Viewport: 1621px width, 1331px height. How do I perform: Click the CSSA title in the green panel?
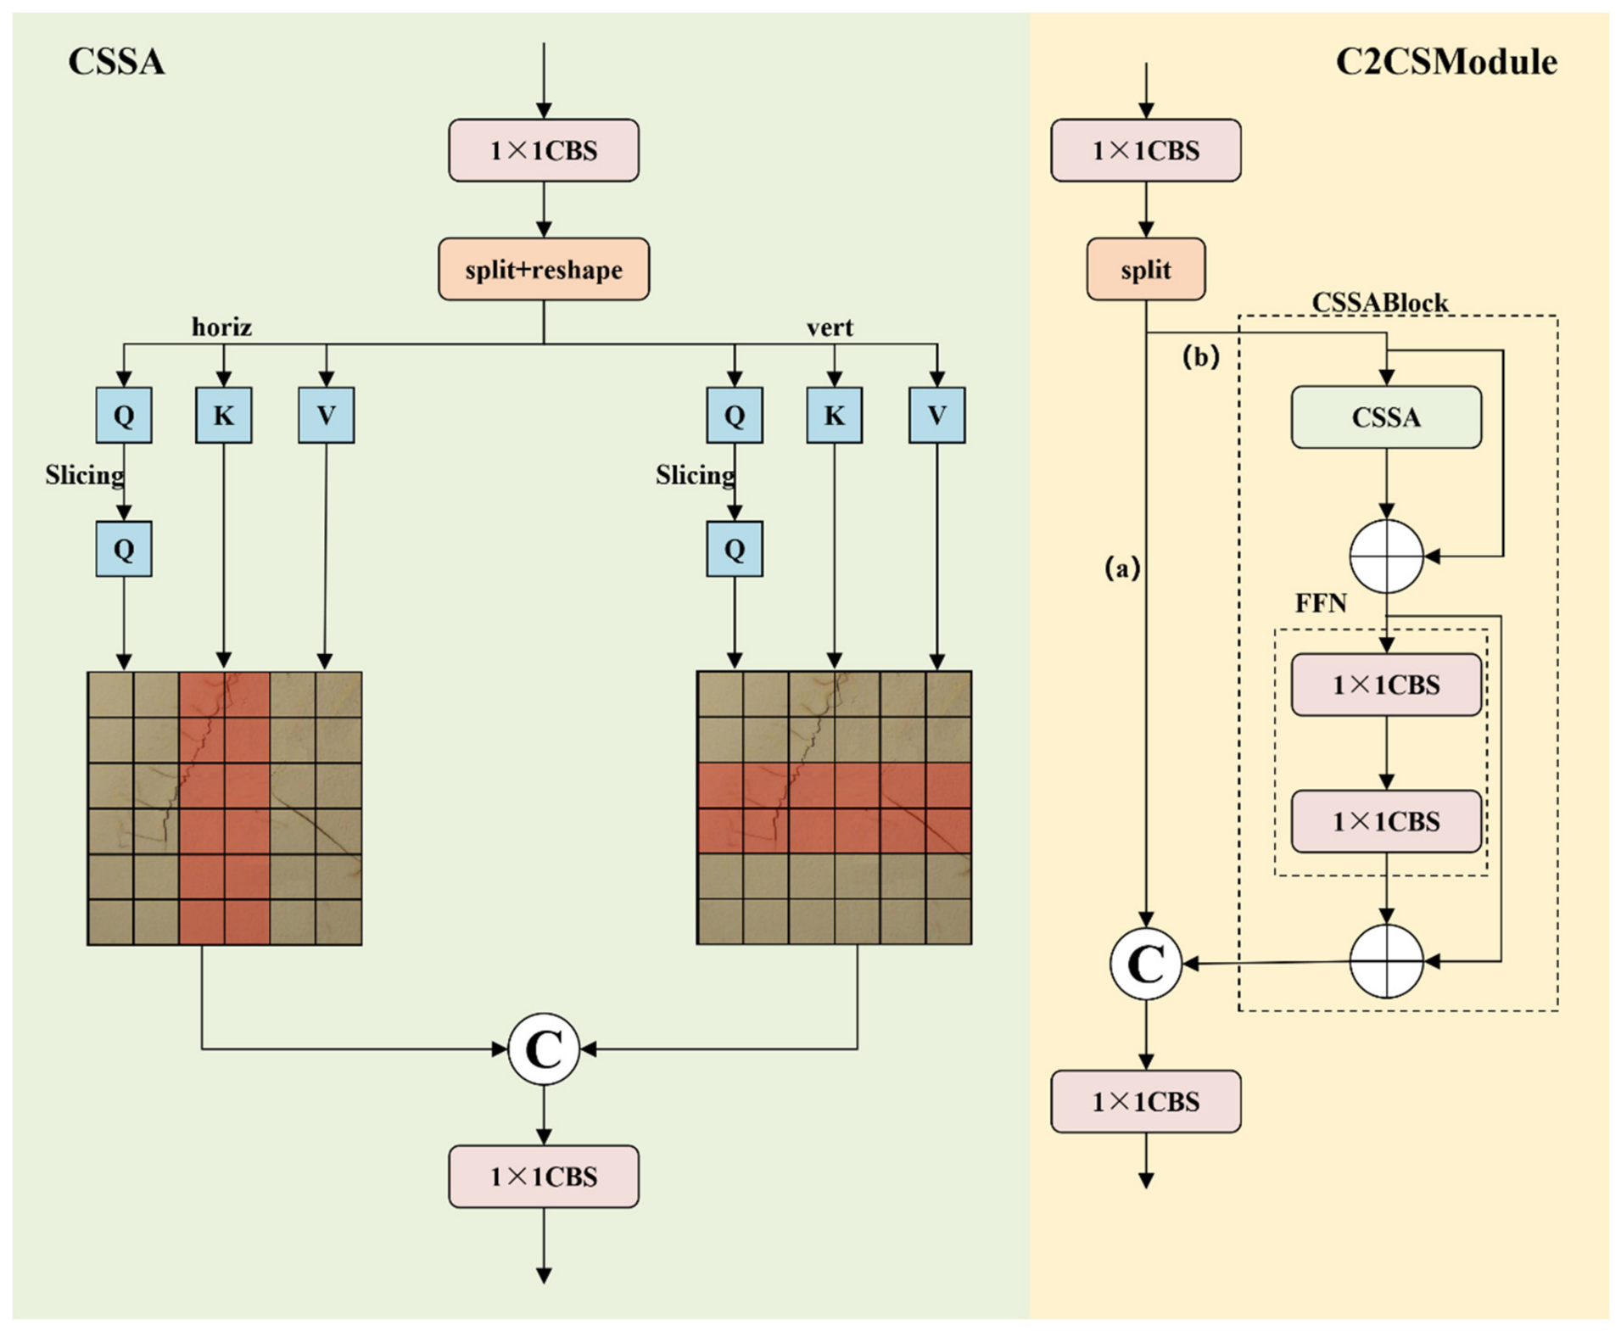pos(116,62)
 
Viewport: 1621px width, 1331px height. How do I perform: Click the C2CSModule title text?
pos(1446,62)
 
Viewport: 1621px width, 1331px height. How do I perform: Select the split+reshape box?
pos(544,269)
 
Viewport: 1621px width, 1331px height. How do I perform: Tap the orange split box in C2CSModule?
pos(1146,269)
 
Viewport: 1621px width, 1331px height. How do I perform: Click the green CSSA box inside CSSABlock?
pos(1386,417)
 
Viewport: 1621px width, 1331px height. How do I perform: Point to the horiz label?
pos(221,327)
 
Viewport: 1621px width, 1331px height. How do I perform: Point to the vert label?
pos(830,327)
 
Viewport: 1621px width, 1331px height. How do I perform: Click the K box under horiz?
pos(224,415)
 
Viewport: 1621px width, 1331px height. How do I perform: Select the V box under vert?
pos(936,415)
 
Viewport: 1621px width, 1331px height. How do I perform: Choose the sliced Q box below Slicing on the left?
pos(124,549)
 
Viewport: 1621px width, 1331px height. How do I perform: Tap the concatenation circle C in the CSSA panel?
pos(544,1049)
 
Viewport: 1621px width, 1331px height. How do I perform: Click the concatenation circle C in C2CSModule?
pos(1146,964)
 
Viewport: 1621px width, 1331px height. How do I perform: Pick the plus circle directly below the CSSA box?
pos(1386,556)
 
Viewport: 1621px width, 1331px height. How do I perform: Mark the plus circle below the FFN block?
pos(1386,962)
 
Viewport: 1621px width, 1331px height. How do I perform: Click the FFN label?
pos(1321,603)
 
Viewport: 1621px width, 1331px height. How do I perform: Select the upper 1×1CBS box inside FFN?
pos(1386,685)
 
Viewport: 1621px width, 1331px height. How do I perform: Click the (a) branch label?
pos(1122,568)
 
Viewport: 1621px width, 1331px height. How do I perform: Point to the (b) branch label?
pos(1201,356)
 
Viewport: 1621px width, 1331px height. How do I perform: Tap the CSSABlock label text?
pos(1380,302)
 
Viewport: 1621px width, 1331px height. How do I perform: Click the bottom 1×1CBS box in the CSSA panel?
pos(544,1177)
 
